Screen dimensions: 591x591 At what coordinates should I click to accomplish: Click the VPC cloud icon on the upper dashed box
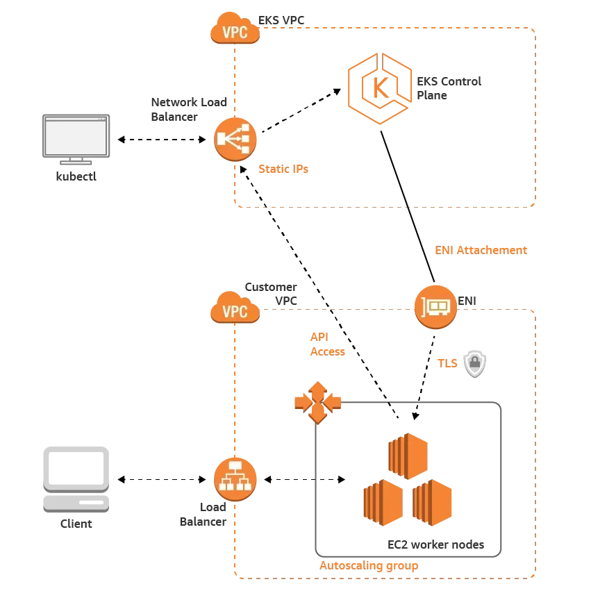pos(235,31)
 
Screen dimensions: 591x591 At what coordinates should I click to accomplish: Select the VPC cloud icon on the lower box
pos(235,310)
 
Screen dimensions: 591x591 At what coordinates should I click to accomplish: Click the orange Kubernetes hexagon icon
pos(380,87)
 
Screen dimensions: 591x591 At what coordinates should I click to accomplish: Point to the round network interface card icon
pos(436,305)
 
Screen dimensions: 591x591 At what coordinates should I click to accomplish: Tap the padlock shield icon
pos(475,363)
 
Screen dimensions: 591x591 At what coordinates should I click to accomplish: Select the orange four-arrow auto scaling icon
pos(317,401)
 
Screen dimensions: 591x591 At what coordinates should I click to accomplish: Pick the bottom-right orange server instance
pos(433,501)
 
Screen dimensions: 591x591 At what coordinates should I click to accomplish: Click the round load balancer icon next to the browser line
pos(235,139)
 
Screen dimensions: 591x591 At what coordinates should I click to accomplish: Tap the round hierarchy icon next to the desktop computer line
pos(235,478)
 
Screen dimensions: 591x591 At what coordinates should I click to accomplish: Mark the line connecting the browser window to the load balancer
pos(164,140)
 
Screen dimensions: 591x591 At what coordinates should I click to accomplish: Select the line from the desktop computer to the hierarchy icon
pos(164,478)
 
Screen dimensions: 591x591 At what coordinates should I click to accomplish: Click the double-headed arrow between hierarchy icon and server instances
pos(306,478)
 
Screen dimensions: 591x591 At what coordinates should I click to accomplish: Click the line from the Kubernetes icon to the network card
pos(406,201)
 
